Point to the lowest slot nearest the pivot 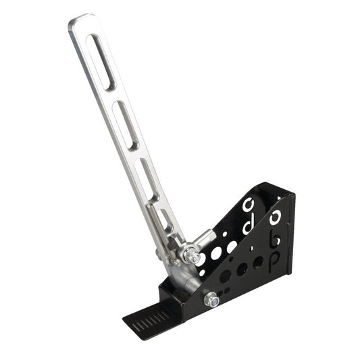pos(164,219)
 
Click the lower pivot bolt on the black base pos(210,298)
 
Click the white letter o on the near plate pos(275,217)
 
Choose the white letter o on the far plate pos(248,203)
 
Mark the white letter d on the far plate pos(247,225)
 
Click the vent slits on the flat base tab pos(152,318)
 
